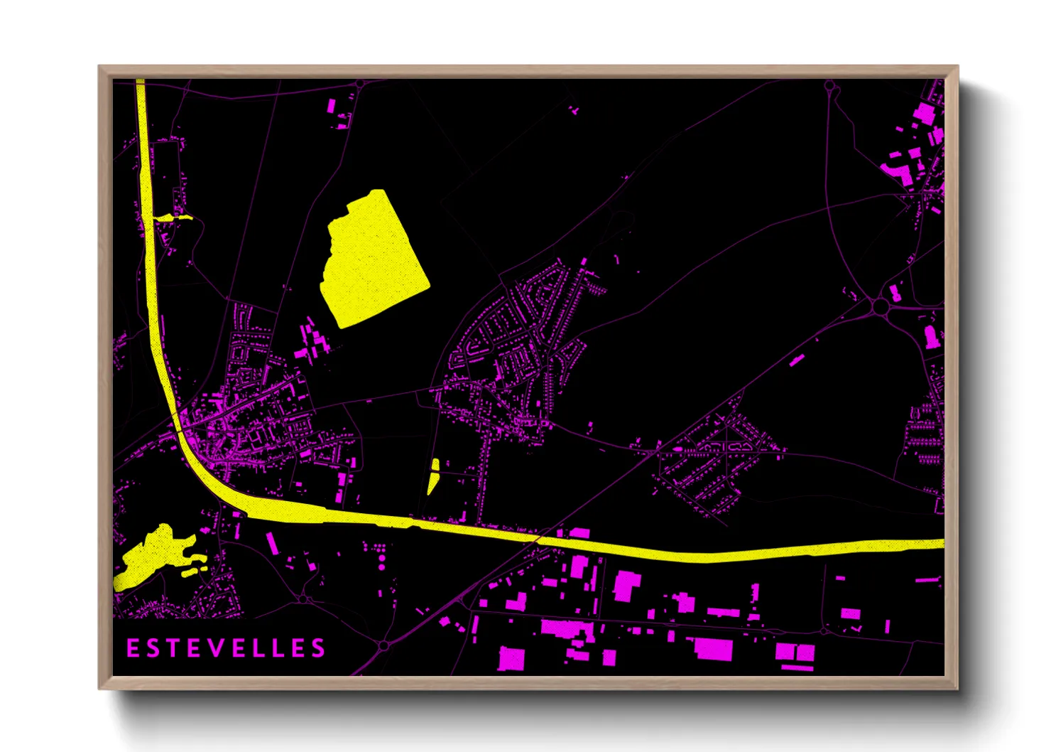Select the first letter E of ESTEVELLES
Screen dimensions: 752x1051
tap(133, 648)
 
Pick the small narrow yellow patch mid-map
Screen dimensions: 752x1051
tap(433, 476)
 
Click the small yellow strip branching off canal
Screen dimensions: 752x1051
tap(173, 217)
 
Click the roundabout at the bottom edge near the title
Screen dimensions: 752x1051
tap(384, 645)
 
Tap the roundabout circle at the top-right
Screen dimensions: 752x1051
tap(829, 87)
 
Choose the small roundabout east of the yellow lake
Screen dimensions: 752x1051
tap(303, 599)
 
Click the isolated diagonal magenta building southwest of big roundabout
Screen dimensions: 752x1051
tap(797, 360)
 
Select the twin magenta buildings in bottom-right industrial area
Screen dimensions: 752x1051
tap(795, 652)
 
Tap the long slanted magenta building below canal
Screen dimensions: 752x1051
tap(272, 543)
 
